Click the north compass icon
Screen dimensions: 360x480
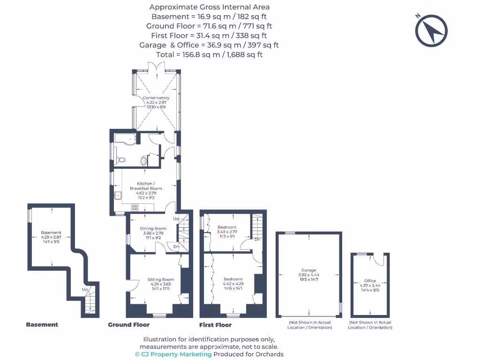coord(431,30)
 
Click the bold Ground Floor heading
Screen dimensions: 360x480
coord(128,325)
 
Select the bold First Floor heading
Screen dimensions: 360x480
coord(215,325)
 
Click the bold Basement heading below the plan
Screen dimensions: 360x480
coord(42,325)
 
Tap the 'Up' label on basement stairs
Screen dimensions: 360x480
coord(85,290)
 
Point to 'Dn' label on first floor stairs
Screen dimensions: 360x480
coord(257,240)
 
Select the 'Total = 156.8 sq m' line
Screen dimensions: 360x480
coord(209,54)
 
